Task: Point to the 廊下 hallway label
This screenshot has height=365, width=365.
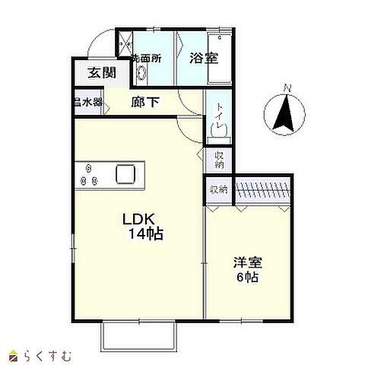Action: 145,101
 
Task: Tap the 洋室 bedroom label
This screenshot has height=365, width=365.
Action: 247,263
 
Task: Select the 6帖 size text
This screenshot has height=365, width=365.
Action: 247,278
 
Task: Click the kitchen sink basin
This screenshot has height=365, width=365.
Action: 125,174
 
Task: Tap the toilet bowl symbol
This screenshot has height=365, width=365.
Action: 218,130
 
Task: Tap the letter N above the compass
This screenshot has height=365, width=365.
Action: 286,87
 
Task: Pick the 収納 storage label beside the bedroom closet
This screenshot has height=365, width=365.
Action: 218,189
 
